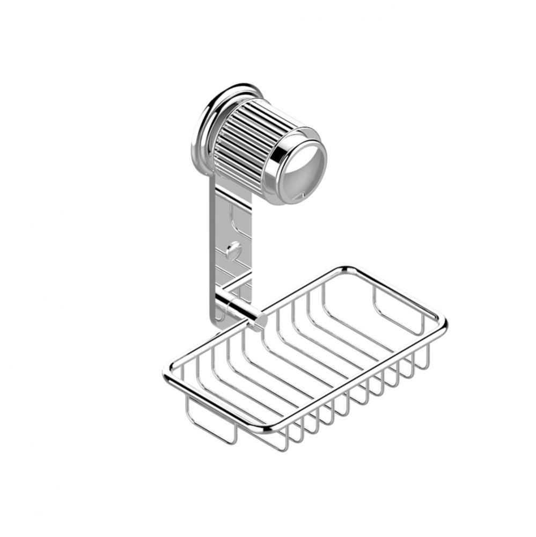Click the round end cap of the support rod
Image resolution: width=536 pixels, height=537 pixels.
click(261, 321)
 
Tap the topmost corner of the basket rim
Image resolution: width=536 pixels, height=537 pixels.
click(346, 268)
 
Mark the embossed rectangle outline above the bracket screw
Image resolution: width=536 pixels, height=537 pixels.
click(236, 217)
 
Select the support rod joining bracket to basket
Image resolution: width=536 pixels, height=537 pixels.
click(241, 309)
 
